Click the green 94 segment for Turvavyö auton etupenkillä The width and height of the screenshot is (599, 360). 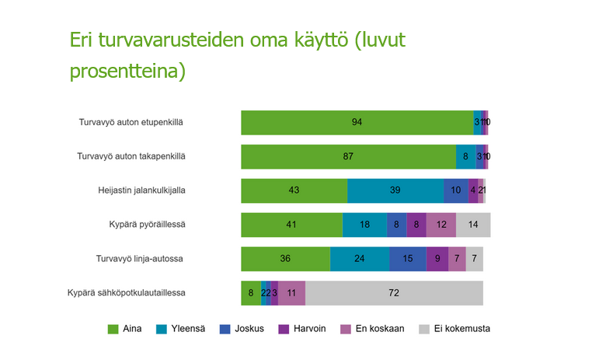357,122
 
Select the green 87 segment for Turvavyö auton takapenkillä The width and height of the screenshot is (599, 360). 348,156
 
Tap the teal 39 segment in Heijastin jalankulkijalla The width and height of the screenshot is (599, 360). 395,190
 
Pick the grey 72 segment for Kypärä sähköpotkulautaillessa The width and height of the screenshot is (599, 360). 394,293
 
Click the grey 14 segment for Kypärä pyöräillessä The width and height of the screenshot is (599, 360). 473,225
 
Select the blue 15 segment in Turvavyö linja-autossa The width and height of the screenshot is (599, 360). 408,259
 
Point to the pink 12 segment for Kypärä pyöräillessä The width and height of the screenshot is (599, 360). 441,225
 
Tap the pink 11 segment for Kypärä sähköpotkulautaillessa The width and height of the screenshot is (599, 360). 291,293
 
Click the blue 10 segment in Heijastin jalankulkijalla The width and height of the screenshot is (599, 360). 455,190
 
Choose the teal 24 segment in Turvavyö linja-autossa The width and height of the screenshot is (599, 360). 360,259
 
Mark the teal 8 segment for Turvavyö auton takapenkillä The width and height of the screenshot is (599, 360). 465,156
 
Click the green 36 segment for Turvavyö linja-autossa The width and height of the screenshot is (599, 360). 285,259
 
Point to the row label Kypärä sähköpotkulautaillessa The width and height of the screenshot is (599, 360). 127,293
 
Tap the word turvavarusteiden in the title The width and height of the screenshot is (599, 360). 162,40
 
